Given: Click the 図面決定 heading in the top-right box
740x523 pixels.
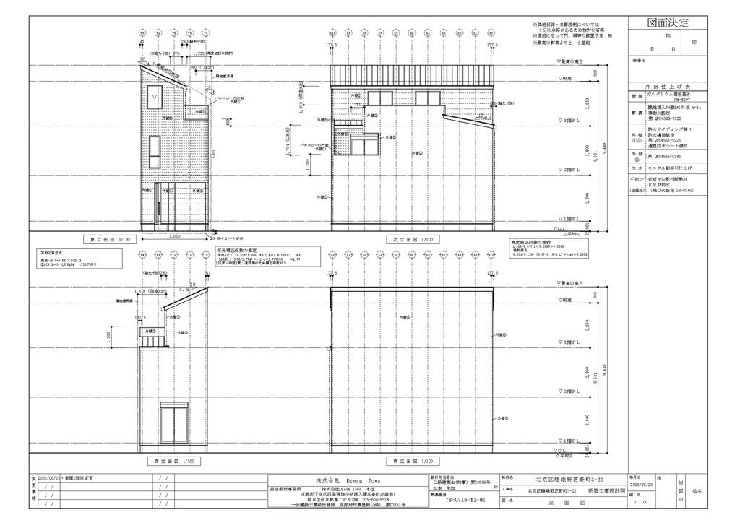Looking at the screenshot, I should (668, 23).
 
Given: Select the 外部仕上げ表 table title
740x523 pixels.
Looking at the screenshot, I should (668, 85).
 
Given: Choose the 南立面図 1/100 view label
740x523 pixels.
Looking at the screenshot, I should (410, 460).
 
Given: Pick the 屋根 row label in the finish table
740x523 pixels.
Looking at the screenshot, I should (637, 95).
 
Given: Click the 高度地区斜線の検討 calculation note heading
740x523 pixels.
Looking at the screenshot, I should (530, 242).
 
